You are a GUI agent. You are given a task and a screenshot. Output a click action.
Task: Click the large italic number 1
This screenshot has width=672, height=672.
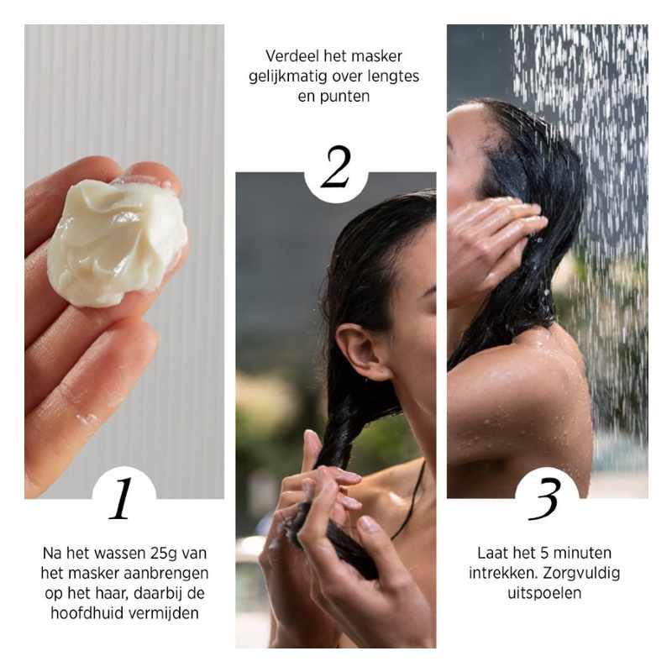pyautogui.click(x=123, y=499)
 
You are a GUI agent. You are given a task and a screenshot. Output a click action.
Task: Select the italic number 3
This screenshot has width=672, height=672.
pyautogui.click(x=546, y=499)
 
